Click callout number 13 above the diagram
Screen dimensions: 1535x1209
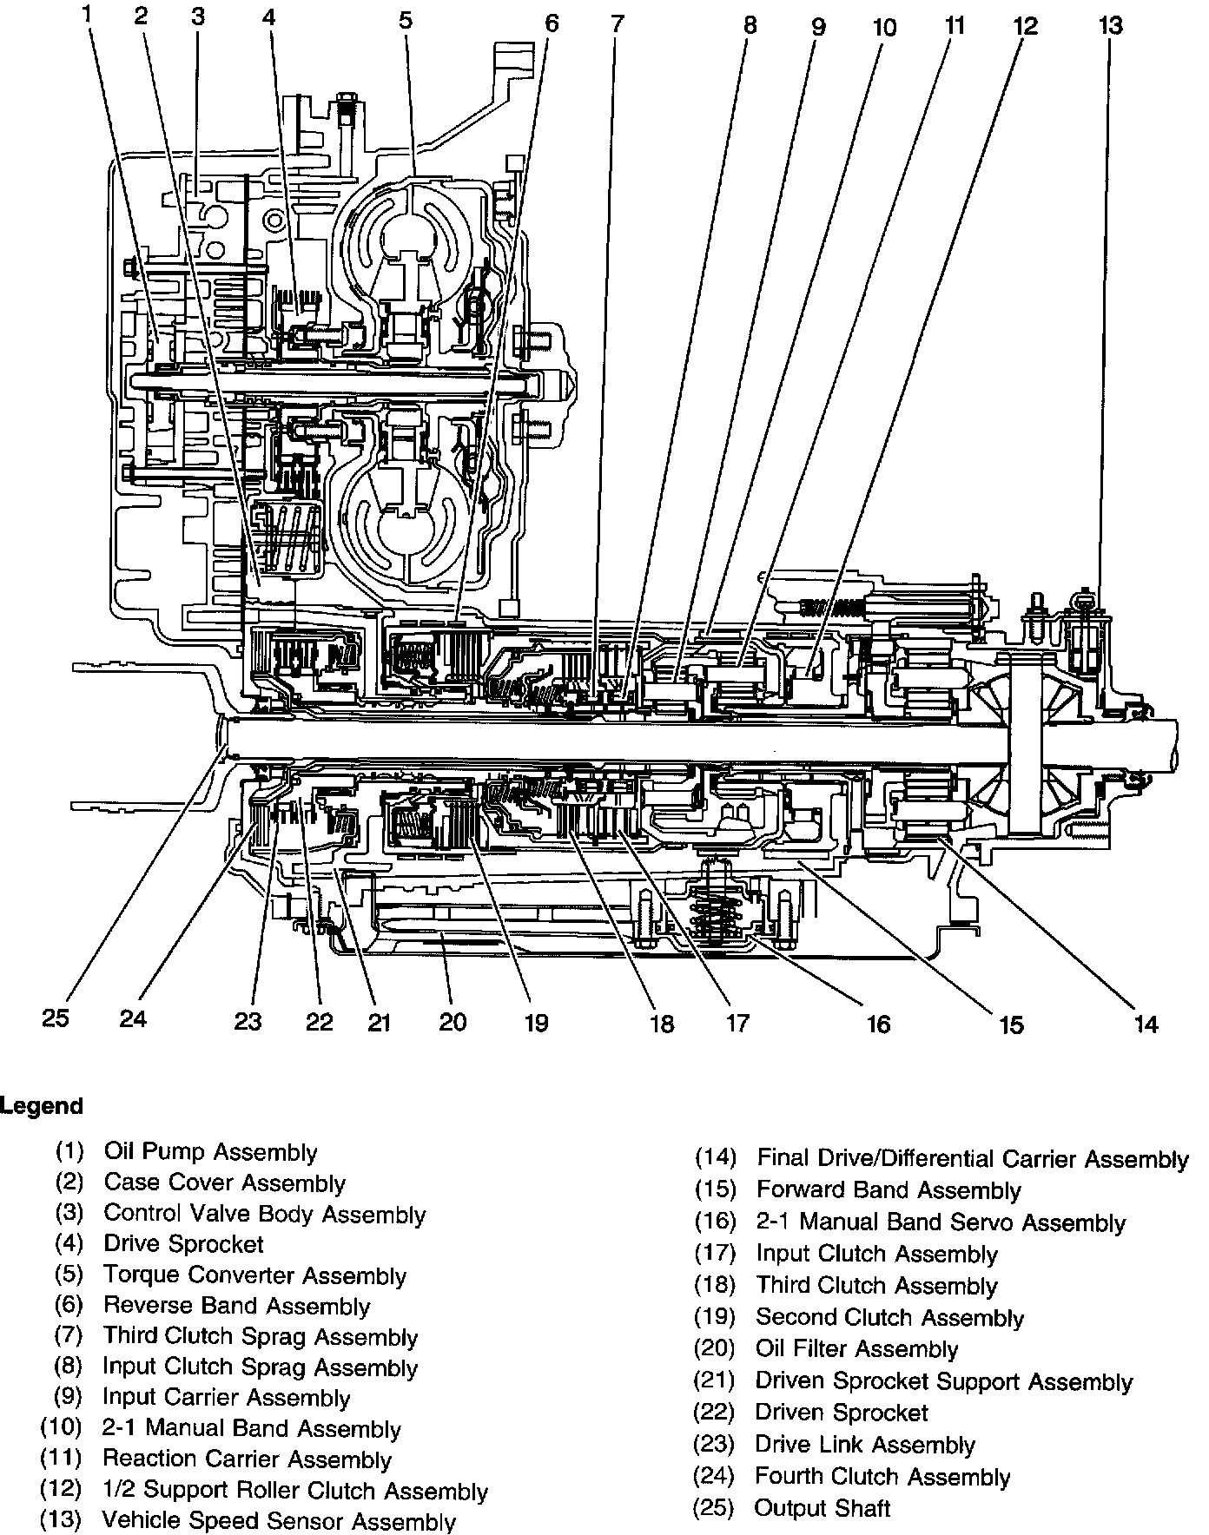pyautogui.click(x=1110, y=25)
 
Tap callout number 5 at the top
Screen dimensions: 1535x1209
pyautogui.click(x=406, y=19)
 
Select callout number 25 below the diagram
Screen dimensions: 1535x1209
pyautogui.click(x=56, y=1018)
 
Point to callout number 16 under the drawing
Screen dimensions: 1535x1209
pyautogui.click(x=878, y=1024)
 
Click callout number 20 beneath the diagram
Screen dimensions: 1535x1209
pyautogui.click(x=453, y=1022)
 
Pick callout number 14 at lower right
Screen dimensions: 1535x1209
pyautogui.click(x=1146, y=1024)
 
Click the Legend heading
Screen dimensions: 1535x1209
pyautogui.click(x=42, y=1106)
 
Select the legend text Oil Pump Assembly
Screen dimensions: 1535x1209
pyautogui.click(x=210, y=1152)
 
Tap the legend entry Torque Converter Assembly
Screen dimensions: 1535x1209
pyautogui.click(x=254, y=1275)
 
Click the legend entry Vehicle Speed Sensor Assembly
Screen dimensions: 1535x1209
pyautogui.click(x=278, y=1520)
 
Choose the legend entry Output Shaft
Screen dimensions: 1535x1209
pyautogui.click(x=823, y=1508)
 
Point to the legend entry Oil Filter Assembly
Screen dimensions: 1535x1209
pyautogui.click(x=856, y=1349)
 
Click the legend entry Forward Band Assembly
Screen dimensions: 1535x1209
pyautogui.click(x=889, y=1190)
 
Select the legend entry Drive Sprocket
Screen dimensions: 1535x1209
pyautogui.click(x=183, y=1244)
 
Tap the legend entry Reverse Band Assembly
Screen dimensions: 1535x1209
pyautogui.click(x=236, y=1306)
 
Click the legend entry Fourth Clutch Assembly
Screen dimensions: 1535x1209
pyautogui.click(x=882, y=1477)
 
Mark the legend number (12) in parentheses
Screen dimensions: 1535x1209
pyautogui.click(x=62, y=1491)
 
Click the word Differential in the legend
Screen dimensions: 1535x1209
pyautogui.click(x=938, y=1159)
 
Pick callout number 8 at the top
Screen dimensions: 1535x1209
pyautogui.click(x=750, y=25)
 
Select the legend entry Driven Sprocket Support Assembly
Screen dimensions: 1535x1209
pyautogui.click(x=944, y=1381)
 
